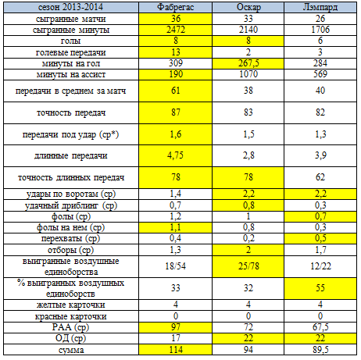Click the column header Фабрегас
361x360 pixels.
pos(175,7)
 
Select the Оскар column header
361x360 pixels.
pos(248,7)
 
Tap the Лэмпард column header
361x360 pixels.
pos(320,7)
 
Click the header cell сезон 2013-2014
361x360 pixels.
pos(71,7)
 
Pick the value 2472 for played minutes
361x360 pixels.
pos(176,30)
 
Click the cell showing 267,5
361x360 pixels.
pos(248,63)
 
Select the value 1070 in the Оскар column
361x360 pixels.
pos(248,74)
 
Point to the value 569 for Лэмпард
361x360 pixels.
pos(320,74)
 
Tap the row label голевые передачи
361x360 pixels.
pos(71,52)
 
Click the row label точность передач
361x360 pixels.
pos(71,112)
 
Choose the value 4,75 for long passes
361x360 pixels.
pos(175,155)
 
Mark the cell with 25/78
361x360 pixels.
pos(248,266)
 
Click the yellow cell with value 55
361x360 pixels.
pos(320,288)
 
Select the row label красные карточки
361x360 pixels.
pos(71,316)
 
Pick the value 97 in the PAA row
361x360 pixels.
pos(176,327)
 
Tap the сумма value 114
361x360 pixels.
pos(176,350)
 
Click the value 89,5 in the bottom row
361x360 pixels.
pos(320,350)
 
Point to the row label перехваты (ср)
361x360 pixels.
pos(70,238)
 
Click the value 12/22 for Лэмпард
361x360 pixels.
pos(320,266)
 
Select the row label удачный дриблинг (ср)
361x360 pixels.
pos(71,205)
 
